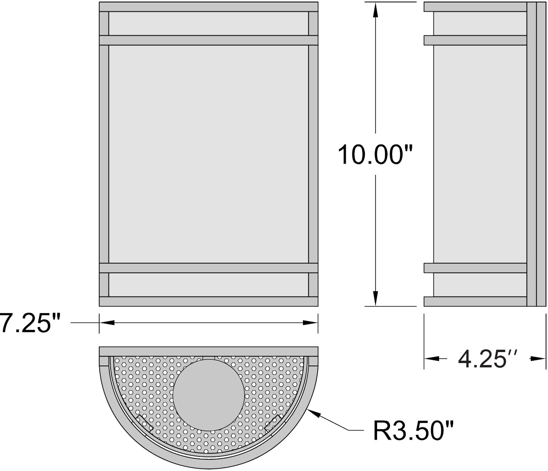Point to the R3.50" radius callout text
pyautogui.click(x=413, y=431)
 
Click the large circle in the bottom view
pyautogui.click(x=209, y=393)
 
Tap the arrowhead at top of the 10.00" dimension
pyautogui.click(x=376, y=10)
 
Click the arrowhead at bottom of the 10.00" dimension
pyautogui.click(x=376, y=298)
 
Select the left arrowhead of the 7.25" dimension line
pyautogui.click(x=107, y=322)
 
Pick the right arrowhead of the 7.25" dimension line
pyautogui.click(x=310, y=322)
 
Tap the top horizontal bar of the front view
pyautogui.click(x=208, y=7)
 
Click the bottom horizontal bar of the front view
pyautogui.click(x=208, y=301)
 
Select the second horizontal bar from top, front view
pyautogui.click(x=208, y=40)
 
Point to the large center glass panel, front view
pyautogui.click(x=208, y=154)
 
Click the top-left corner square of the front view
pyautogui.click(x=104, y=24)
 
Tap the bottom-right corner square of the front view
pyautogui.click(x=313, y=285)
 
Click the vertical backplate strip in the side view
pyautogui.click(x=536, y=154)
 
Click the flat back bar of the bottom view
pyautogui.click(x=208, y=351)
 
